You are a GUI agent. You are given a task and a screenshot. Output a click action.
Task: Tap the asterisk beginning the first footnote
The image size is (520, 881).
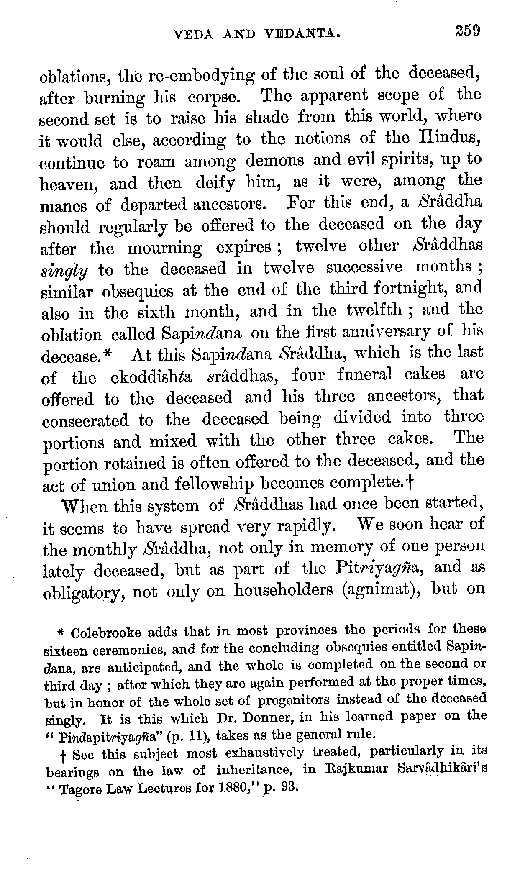point(61,632)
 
